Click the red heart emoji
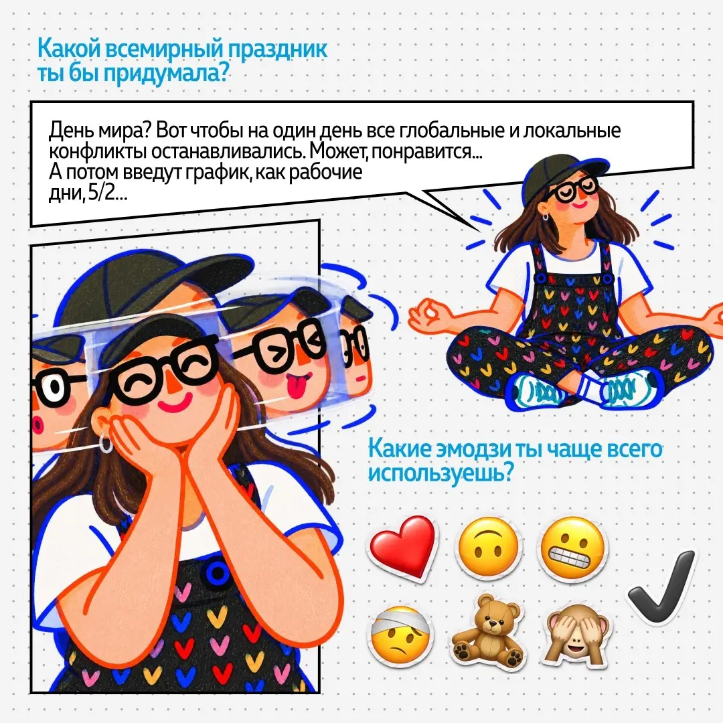pos(402,547)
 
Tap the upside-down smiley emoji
pos(488,546)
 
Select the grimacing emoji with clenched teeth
pos(572,546)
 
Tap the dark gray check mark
pos(663,586)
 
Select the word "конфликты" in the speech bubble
pos(98,152)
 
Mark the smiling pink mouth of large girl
pos(173,405)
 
